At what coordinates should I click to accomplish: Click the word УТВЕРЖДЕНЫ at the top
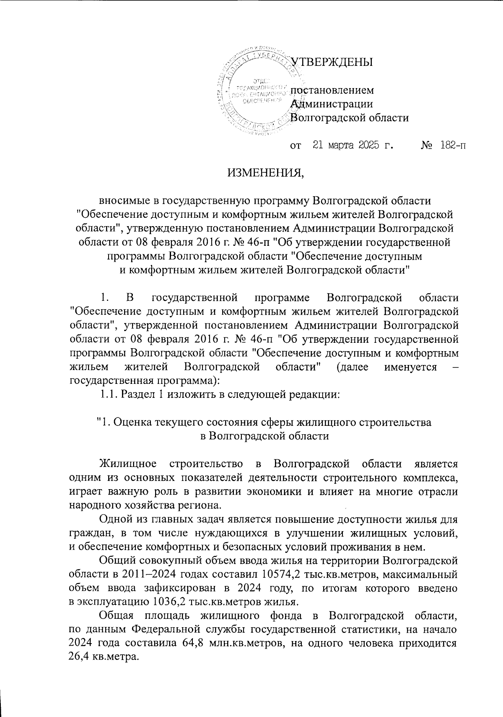332,63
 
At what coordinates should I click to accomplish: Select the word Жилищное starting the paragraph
128,464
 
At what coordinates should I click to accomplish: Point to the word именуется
410,367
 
